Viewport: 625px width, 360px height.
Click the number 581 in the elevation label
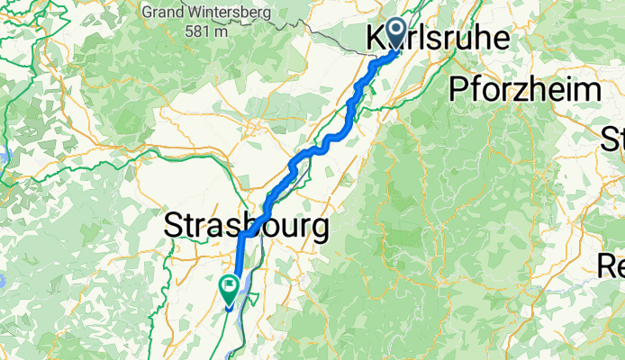[x=195, y=31]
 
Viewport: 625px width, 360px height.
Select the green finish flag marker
[x=229, y=289]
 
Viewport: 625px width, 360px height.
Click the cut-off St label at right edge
[x=614, y=139]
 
